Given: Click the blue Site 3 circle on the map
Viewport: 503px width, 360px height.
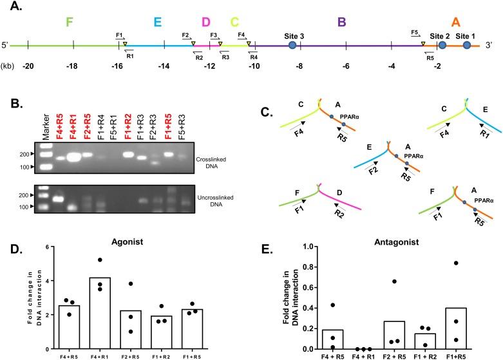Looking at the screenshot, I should [292, 46].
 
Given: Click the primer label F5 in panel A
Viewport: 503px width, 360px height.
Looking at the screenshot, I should [415, 33].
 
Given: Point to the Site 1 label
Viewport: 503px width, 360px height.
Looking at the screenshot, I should [466, 36].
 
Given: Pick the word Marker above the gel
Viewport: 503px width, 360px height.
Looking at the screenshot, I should [46, 129].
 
